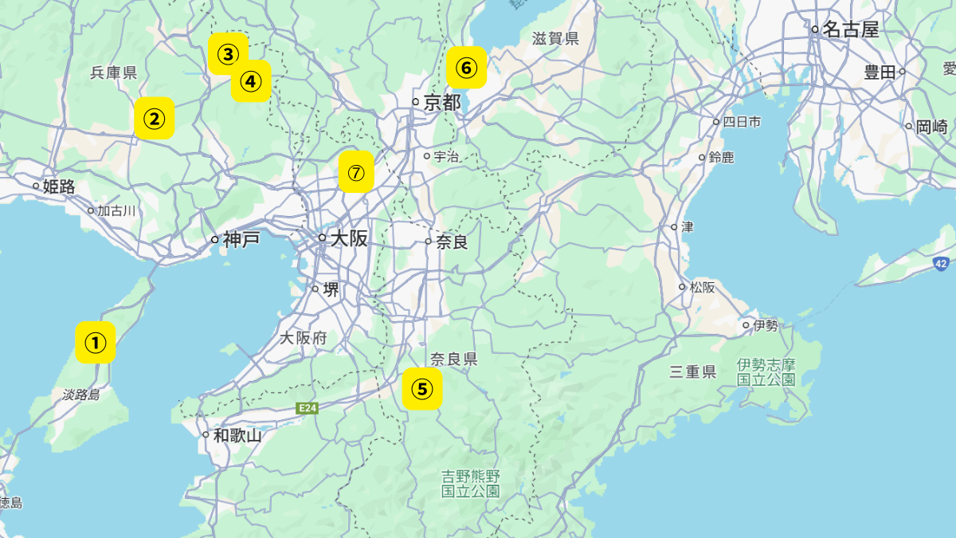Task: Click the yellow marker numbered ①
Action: coord(96,343)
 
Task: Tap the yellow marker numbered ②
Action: coord(155,119)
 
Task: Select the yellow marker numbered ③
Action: coord(228,54)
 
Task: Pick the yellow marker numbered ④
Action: coord(251,81)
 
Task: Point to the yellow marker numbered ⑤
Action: coord(422,389)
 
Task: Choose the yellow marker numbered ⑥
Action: coord(467,68)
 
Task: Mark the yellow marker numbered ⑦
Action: coord(356,172)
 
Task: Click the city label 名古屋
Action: coord(850,30)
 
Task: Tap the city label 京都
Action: coord(442,102)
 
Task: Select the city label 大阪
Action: coord(349,238)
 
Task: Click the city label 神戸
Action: coord(241,239)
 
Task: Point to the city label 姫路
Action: coord(59,187)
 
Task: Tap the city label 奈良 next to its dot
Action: coord(452,242)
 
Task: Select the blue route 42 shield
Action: coord(942,264)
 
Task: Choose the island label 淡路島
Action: coord(81,395)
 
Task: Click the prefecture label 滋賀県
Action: coord(555,38)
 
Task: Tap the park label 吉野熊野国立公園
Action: coord(471,483)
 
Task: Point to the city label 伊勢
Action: coord(766,325)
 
